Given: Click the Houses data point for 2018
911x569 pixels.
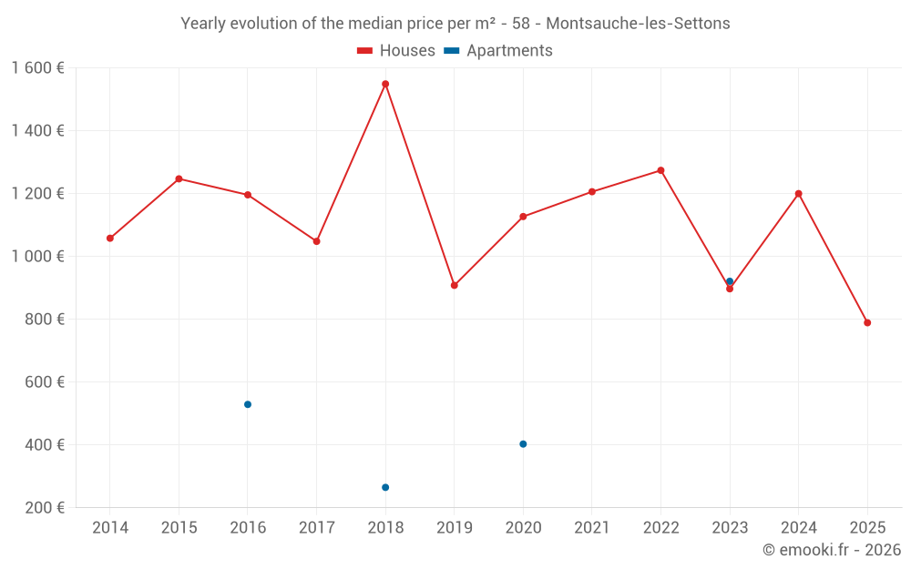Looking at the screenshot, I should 385,84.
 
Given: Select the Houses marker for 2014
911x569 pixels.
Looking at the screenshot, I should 110,239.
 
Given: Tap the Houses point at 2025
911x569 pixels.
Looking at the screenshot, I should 867,322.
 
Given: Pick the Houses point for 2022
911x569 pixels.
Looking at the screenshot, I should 660,170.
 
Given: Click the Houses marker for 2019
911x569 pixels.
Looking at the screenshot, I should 455,285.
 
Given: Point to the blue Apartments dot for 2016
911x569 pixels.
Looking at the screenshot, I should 248,404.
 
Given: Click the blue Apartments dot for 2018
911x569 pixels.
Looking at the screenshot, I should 385,487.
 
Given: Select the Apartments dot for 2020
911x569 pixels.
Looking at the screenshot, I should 523,444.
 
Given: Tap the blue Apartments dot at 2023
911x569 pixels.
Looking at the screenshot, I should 730,281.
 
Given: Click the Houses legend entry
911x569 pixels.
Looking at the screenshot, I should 396,51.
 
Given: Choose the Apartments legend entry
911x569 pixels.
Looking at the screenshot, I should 498,51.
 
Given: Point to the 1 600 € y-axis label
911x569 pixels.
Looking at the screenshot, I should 37,68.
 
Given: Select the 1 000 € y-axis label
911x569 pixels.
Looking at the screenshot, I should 37,257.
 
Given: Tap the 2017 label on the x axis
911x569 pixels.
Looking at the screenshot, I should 316,528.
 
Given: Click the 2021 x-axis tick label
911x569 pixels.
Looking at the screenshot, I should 592,528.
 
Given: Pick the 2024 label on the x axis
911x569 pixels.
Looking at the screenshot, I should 798,528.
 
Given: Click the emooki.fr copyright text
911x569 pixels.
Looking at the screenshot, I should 831,550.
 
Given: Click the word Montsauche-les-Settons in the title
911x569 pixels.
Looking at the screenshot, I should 638,24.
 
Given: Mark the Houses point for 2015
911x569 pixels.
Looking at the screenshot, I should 179,178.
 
